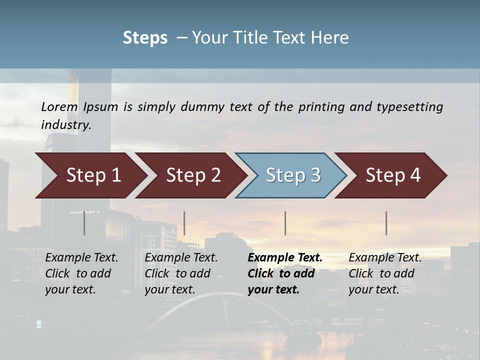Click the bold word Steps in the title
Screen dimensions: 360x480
[x=145, y=37]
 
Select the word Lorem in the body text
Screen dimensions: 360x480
[x=59, y=106]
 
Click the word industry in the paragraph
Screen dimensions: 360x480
[x=65, y=125]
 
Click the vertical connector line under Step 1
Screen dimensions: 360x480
[x=84, y=223]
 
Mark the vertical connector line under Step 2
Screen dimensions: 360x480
[x=184, y=223]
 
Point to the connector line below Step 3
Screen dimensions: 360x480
[x=285, y=223]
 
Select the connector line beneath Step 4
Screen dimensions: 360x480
[x=386, y=223]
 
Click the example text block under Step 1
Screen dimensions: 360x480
[x=81, y=273]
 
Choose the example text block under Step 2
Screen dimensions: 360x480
[x=180, y=273]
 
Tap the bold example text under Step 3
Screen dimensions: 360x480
[x=284, y=273]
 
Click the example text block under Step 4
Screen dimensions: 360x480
[x=384, y=273]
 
